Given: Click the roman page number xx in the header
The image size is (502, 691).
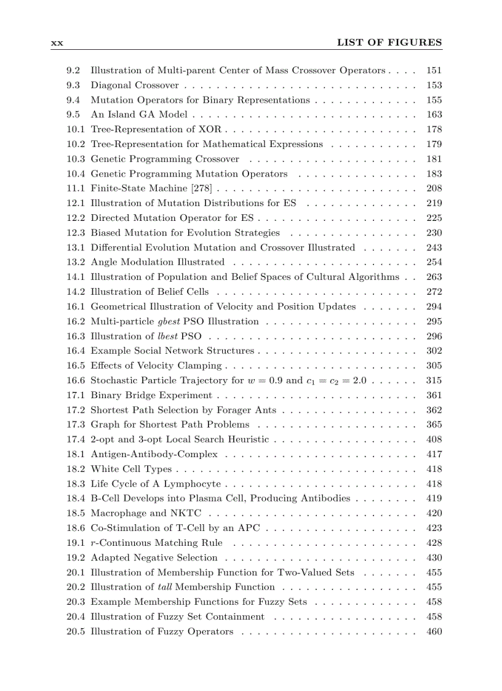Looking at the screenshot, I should (57, 43).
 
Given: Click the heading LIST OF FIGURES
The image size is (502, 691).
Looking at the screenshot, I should (389, 42).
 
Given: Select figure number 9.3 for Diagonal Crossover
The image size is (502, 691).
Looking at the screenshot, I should (73, 85).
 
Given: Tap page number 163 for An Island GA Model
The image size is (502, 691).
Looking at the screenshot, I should (434, 114).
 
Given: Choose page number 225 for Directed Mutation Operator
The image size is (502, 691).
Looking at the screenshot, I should (434, 218).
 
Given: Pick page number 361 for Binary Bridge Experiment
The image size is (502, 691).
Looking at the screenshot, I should (434, 395).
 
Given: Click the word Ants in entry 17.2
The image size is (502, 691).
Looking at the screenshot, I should (266, 410).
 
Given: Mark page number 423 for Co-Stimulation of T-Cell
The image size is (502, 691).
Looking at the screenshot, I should (434, 528).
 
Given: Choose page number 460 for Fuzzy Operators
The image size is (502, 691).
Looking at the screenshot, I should (434, 631).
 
